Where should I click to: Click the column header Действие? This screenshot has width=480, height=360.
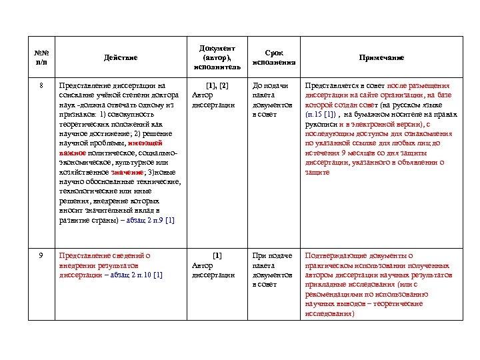[x=120, y=58]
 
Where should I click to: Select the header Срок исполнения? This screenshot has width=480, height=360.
[x=273, y=58]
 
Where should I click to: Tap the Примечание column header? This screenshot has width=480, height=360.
[x=382, y=58]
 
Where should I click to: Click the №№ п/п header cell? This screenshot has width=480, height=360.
[x=41, y=58]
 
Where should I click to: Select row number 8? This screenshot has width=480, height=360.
[x=41, y=86]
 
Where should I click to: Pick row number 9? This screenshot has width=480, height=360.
[x=41, y=255]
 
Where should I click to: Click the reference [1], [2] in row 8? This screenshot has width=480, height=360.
[x=217, y=86]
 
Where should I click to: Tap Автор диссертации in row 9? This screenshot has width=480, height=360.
[x=213, y=270]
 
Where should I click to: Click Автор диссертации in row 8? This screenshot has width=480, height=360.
[x=213, y=100]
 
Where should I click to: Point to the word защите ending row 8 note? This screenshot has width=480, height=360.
[x=317, y=172]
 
